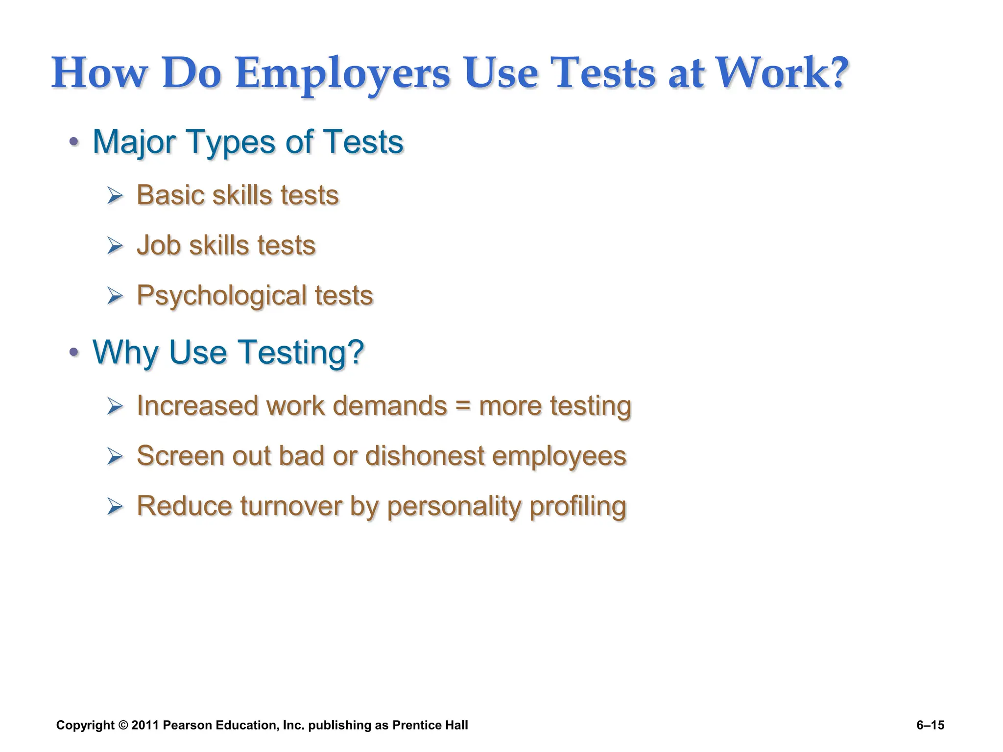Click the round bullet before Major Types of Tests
(74, 142)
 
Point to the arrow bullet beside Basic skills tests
(115, 196)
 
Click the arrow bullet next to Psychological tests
(115, 296)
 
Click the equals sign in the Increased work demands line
(463, 406)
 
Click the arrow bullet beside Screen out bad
(115, 457)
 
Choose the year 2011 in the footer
(145, 725)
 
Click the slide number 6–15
(930, 725)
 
